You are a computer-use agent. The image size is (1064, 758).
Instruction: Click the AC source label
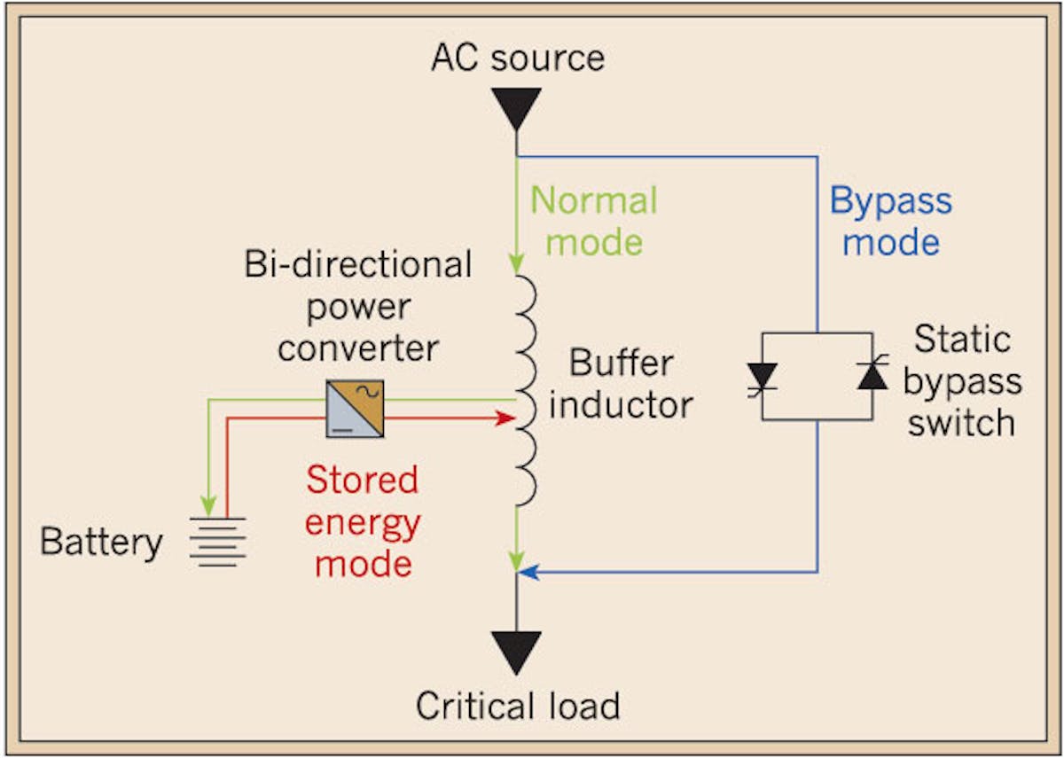[517, 59]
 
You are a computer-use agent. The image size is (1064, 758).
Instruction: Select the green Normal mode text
[594, 221]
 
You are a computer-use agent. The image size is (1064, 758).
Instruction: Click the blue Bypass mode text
[890, 221]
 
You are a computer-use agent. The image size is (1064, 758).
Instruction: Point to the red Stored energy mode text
[362, 521]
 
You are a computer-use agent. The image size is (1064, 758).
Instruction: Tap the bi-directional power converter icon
[355, 409]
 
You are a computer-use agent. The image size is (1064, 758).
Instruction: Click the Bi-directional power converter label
[358, 306]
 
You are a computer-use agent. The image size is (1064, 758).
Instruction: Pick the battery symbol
[217, 541]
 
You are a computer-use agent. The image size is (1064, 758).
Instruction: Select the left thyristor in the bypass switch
[763, 376]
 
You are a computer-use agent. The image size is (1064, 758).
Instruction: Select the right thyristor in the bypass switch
[872, 376]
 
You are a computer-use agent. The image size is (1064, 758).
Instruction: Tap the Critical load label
[517, 707]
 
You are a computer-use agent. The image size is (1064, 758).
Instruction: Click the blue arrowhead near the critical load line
[528, 573]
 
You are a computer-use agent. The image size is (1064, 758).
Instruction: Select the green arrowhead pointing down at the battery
[207, 507]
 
